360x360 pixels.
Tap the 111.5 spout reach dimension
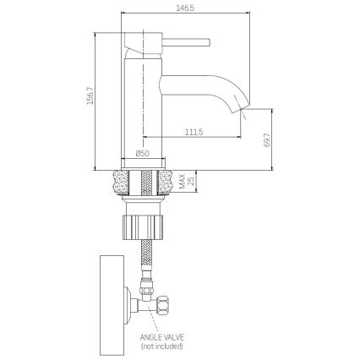(194, 130)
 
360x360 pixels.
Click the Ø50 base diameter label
(143, 153)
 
